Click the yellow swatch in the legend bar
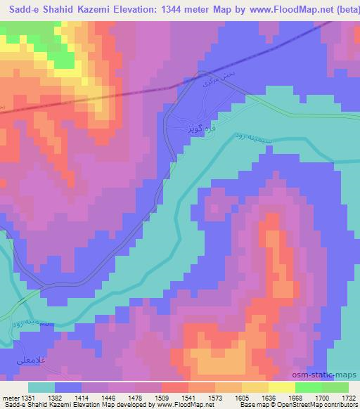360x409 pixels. [282, 387]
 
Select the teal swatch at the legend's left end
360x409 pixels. [41, 387]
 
